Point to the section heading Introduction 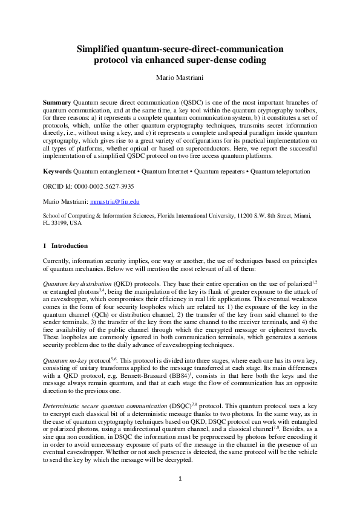pos(70,246)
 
